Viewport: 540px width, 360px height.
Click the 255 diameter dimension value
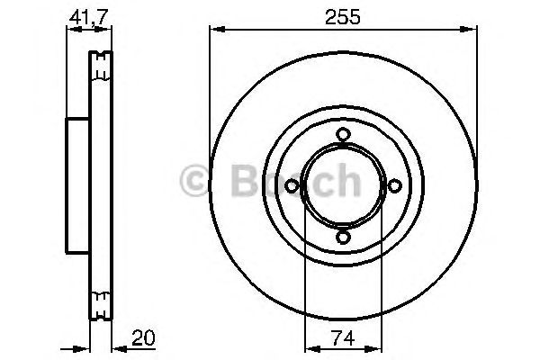pos(343,16)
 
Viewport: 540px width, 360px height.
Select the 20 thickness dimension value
pos(144,338)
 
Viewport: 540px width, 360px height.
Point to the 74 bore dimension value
pos(343,338)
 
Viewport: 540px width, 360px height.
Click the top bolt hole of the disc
pos(343,134)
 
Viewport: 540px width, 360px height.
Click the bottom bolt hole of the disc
pos(343,238)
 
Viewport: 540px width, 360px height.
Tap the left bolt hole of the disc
pos(292,186)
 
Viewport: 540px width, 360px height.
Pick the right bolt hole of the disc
pos(395,186)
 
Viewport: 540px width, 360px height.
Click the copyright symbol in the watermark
pos(193,181)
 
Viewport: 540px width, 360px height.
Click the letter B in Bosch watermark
pos(245,181)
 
